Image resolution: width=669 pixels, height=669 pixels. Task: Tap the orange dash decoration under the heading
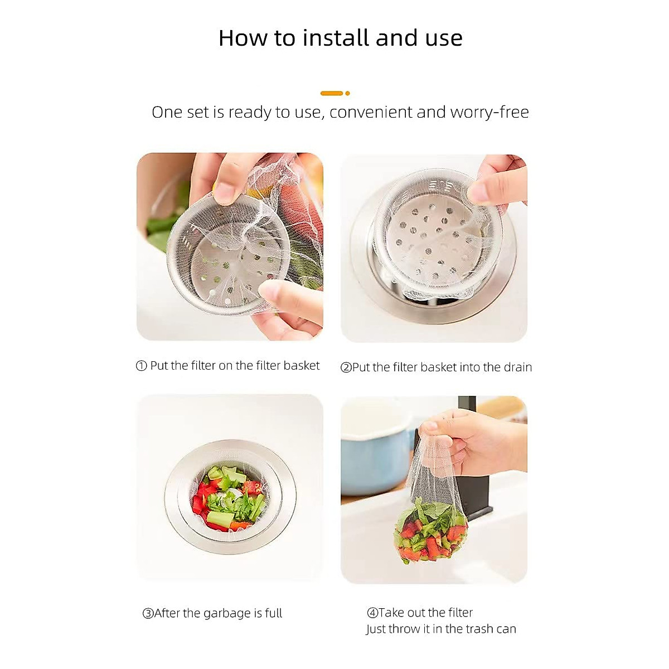(x=332, y=93)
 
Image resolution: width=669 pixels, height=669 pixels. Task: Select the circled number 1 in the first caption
(x=142, y=366)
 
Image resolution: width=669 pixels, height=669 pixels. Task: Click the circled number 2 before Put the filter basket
(x=346, y=367)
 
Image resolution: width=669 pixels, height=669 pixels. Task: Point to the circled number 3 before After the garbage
(x=148, y=614)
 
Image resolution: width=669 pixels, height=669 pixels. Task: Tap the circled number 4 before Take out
(x=372, y=613)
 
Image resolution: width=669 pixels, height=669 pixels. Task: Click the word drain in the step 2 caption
(x=517, y=367)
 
